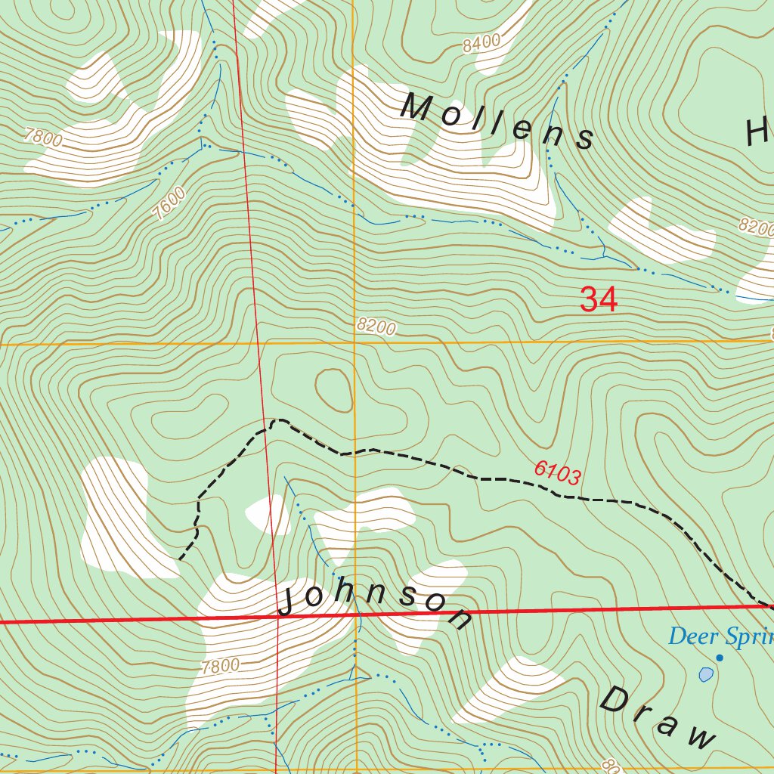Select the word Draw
657,718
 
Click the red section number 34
599,300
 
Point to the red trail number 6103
557,473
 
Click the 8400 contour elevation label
481,44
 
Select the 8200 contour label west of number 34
376,327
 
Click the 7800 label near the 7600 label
43,138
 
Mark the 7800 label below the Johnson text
221,667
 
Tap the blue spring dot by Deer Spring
720,658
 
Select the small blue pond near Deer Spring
706,674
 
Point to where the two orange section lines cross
354,343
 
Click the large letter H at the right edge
759,133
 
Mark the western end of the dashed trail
180,559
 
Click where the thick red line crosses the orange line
355,615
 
